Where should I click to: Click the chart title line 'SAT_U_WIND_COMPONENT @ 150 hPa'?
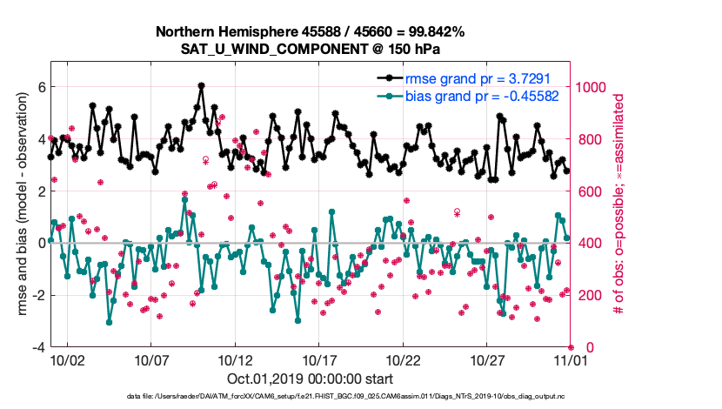(310, 49)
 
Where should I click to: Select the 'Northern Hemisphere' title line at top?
(310, 32)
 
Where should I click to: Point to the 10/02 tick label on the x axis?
(67, 359)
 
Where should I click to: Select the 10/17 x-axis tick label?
(319, 359)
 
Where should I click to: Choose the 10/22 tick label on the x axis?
(404, 359)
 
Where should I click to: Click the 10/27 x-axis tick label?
(488, 359)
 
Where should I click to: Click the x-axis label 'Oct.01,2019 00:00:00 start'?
(310, 379)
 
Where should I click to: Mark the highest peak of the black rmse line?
(201, 85)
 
